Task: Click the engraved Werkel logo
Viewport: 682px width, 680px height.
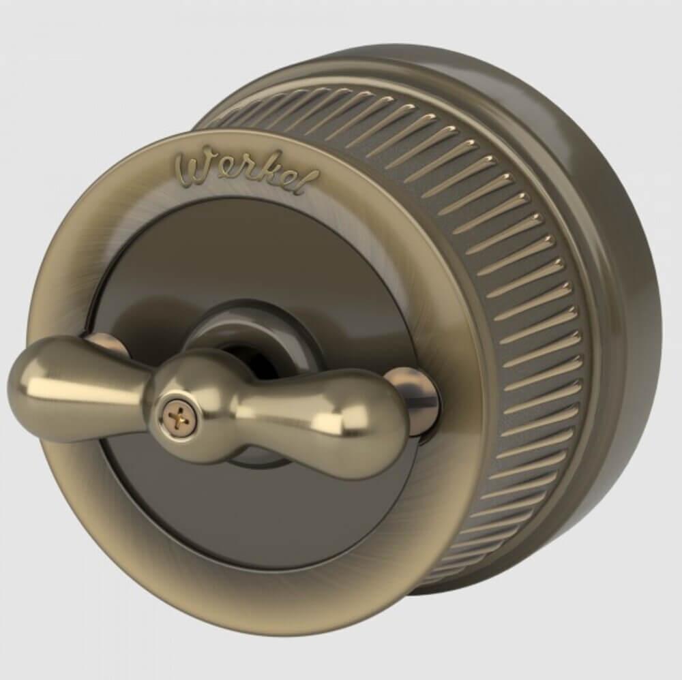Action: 246,173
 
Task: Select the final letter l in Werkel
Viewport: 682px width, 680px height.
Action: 309,183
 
